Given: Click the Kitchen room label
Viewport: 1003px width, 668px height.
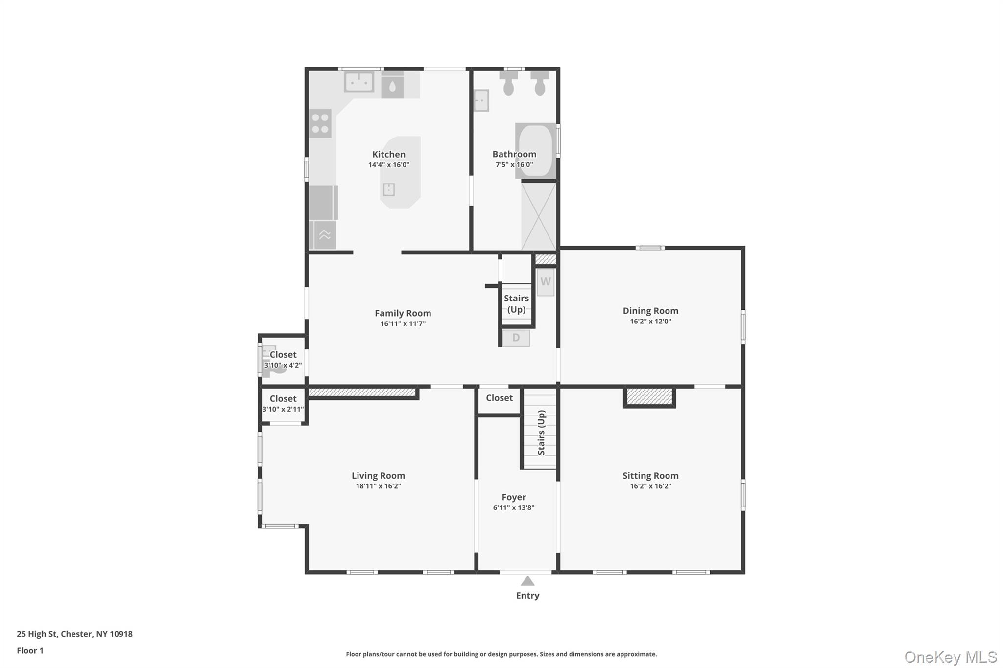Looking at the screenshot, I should pos(388,154).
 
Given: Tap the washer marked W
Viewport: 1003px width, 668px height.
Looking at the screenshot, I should pos(546,282).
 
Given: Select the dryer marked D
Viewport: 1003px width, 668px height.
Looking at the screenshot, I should pos(516,338).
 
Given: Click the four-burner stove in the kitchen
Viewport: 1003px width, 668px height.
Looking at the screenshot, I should pos(320,123).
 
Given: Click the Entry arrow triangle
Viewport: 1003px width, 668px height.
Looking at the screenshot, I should pos(527,581).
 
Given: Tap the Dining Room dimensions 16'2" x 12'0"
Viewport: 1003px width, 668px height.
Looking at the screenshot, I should pos(650,322).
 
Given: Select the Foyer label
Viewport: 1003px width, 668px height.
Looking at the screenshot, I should pos(513,497).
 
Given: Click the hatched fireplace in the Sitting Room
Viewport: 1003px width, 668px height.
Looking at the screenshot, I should pos(649,396).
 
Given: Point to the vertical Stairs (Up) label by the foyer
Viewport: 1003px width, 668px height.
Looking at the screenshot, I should pos(541,433).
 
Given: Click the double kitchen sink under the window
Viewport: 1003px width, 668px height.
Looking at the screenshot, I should pos(359,82).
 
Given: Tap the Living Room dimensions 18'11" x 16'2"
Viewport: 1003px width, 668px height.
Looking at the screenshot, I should pos(378,486).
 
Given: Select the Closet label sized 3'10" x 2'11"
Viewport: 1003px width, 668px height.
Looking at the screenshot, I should pos(283,399).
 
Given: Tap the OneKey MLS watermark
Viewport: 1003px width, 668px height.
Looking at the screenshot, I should pos(950,657).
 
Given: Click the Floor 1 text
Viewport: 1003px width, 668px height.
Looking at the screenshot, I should pos(30,651).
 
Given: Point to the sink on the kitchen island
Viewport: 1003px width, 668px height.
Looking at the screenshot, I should pos(389,189).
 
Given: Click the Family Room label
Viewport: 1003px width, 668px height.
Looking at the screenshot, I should pos(403,313).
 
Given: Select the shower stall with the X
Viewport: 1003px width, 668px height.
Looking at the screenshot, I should pos(539,216).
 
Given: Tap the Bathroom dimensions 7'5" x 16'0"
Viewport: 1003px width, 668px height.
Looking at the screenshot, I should pos(514,165).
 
